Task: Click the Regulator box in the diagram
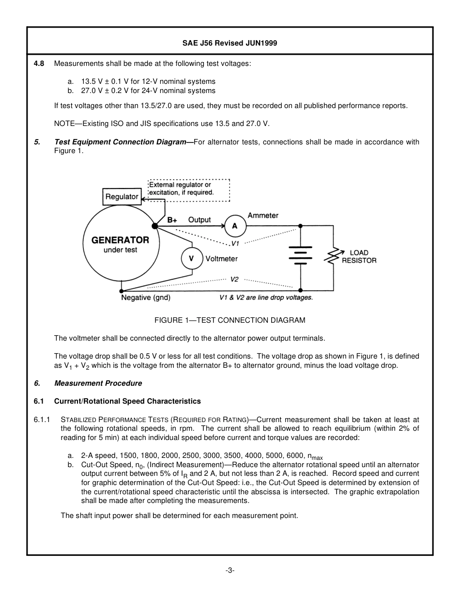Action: point(122,197)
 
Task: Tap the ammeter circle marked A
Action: point(235,226)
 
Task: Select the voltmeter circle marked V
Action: point(191,259)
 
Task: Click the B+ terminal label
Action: point(172,220)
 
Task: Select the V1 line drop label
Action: point(236,243)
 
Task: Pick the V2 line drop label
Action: point(234,280)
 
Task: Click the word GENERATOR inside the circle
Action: point(120,240)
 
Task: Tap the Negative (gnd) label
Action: point(145,298)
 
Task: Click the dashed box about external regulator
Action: point(188,188)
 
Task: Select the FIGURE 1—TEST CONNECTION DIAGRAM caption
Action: point(230,320)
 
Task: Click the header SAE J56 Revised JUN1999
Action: point(230,43)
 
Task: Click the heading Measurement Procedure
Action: point(98,383)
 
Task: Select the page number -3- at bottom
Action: point(230,570)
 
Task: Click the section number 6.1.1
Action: point(42,420)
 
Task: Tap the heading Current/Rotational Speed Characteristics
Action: point(127,401)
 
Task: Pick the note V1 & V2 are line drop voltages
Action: point(266,298)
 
